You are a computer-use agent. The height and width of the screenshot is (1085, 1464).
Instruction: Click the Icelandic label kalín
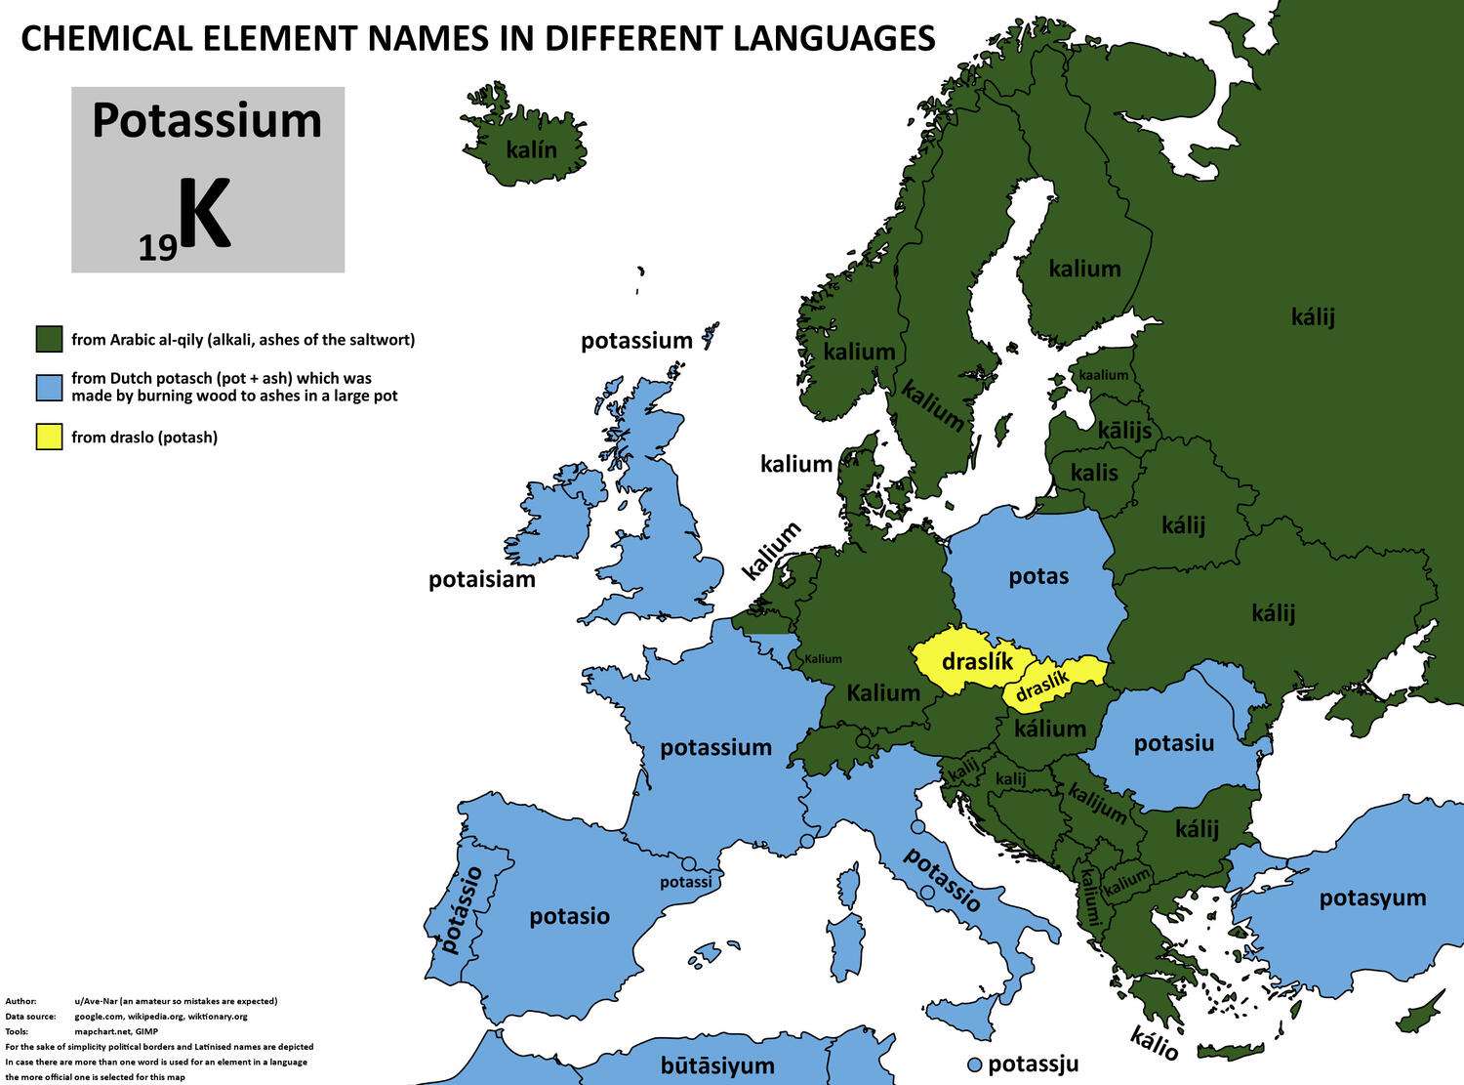tap(531, 149)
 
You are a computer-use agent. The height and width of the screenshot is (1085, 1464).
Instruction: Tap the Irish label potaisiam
tap(482, 579)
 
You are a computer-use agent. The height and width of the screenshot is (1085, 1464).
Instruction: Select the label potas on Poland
tap(1038, 576)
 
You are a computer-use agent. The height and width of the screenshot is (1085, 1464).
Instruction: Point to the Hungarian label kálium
tap(1049, 729)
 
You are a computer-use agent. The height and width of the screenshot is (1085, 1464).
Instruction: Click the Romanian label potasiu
tap(1173, 743)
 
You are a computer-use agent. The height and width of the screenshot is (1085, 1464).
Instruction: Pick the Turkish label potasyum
tap(1372, 897)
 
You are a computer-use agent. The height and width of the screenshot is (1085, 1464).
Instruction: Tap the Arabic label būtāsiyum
tap(717, 1065)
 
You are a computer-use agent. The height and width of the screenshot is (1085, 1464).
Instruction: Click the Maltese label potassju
tap(1034, 1063)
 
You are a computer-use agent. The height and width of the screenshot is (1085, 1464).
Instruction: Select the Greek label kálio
tap(1155, 1043)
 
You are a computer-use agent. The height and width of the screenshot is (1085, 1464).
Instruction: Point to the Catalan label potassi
tap(685, 882)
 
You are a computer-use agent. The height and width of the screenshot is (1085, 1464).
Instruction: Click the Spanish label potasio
tap(569, 916)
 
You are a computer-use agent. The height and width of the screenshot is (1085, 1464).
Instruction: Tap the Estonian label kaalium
tap(1103, 375)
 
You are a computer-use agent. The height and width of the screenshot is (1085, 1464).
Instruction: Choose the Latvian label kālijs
tap(1124, 430)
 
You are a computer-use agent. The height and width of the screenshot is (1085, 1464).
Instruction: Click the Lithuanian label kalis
tap(1094, 473)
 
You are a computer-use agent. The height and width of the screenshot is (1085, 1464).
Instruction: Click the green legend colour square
tap(49, 340)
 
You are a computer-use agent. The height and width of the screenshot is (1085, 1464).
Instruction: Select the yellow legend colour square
tap(49, 437)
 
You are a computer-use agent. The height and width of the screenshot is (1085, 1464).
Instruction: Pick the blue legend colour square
tap(49, 387)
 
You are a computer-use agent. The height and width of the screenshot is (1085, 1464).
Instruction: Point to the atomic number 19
tap(157, 249)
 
